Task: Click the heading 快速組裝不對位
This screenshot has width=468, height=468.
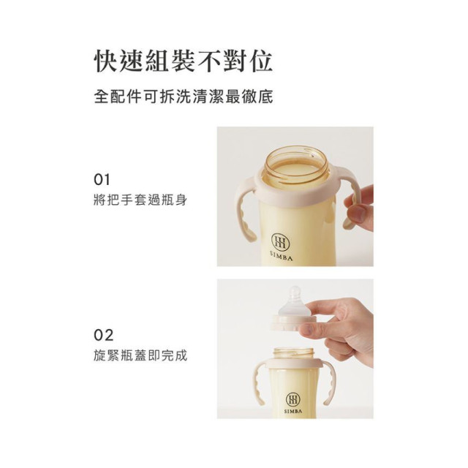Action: (x=184, y=61)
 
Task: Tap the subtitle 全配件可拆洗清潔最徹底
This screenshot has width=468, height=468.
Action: (x=184, y=97)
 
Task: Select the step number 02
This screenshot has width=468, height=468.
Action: (x=104, y=336)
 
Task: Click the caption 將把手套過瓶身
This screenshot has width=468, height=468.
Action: (x=141, y=199)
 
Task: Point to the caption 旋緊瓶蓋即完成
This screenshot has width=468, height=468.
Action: (x=141, y=356)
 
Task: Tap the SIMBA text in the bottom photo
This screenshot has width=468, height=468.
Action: (x=292, y=412)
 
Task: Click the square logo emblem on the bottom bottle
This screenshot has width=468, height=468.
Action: (x=292, y=399)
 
